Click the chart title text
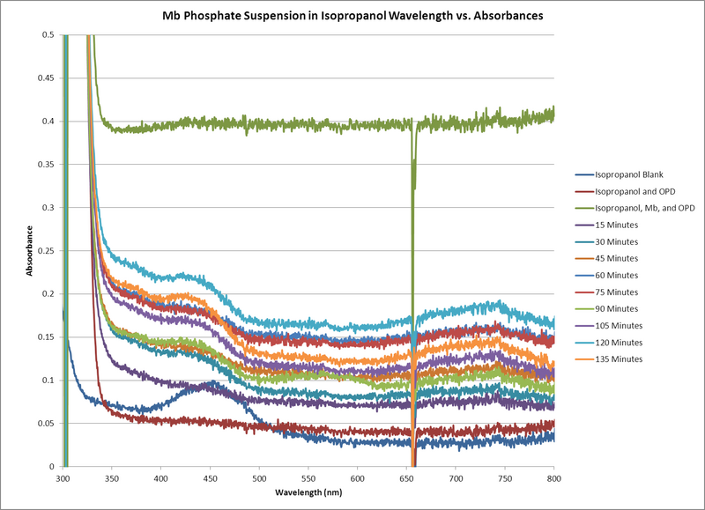tap(352, 15)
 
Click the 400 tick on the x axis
tap(160, 479)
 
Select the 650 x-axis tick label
tap(406, 479)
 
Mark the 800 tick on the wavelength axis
tap(553, 479)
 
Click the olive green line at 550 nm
tap(308, 125)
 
